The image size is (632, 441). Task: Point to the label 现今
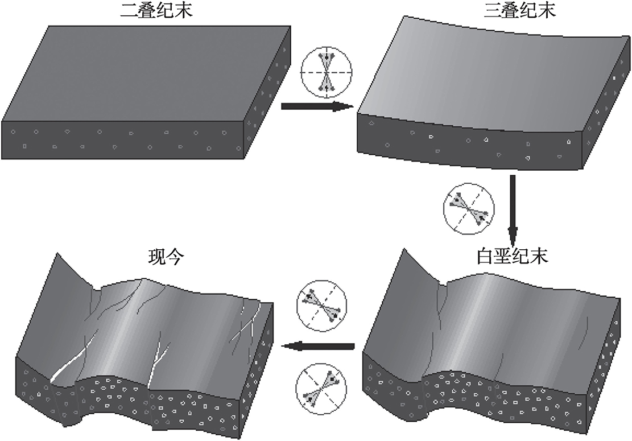163,258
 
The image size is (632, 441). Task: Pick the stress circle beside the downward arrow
467,209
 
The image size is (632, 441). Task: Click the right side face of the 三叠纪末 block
600,114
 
